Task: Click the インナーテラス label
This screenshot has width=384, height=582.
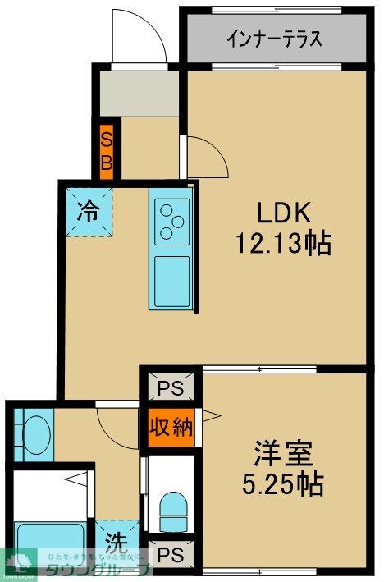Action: pos(273,39)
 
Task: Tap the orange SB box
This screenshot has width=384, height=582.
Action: pos(107,151)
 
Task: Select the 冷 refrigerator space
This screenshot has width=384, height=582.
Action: pos(88,210)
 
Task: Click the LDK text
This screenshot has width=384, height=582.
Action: pos(283,213)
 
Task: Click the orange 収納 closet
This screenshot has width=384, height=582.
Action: pos(171,426)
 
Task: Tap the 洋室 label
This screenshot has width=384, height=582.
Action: pos(283,453)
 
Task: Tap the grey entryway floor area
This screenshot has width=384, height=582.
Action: pos(139,95)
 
